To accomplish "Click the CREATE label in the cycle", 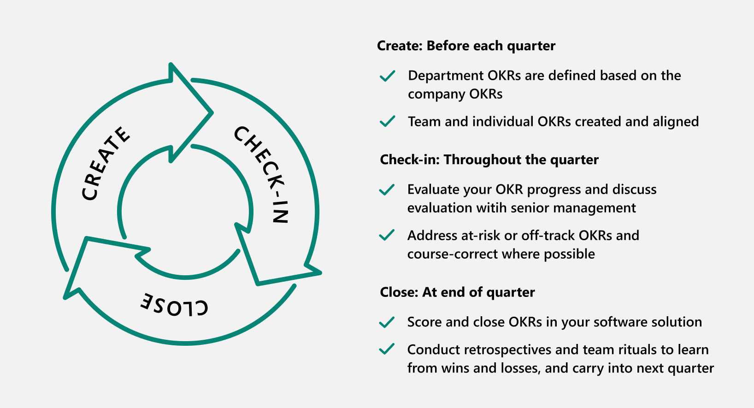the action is [x=106, y=164].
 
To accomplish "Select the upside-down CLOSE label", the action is [x=174, y=305].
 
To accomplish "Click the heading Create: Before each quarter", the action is [x=466, y=46].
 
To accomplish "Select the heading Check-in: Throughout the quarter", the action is [x=489, y=160].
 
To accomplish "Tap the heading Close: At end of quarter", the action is [x=457, y=292].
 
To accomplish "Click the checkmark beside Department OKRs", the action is [x=388, y=76].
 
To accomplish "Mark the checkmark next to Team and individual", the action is [x=388, y=121].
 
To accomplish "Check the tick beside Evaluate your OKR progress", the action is [x=387, y=189].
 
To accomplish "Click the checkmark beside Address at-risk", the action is [x=387, y=235].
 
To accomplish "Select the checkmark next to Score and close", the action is [x=387, y=322].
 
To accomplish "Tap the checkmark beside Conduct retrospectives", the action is [x=387, y=349].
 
